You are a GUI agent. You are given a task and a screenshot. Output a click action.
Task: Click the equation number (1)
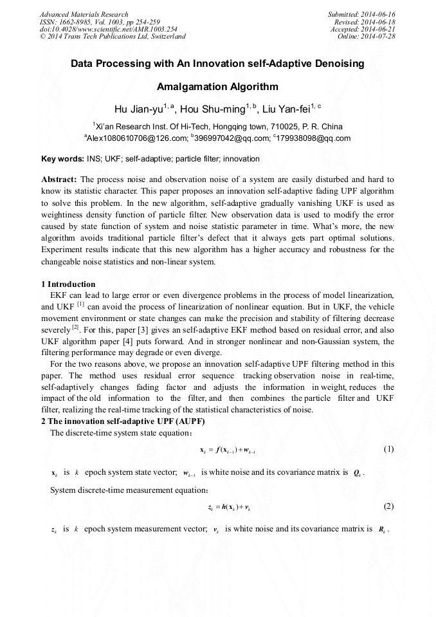click(388, 449)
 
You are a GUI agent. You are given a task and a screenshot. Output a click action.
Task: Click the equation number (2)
click(388, 506)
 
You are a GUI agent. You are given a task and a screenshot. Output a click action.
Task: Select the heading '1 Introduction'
click(68, 284)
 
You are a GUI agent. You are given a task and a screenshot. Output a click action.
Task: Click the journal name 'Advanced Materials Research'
click(84, 14)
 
